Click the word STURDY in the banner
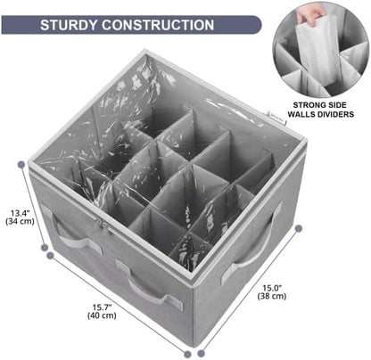tap(70, 25)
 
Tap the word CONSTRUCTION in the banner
tap(158, 25)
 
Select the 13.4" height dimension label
tap(21, 213)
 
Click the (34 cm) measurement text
tap(20, 221)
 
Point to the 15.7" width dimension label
tap(102, 307)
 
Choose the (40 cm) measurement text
tap(102, 315)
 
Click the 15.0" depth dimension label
tap(272, 288)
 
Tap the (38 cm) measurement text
tap(272, 296)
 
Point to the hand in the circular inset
tap(307, 17)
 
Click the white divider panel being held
tap(319, 51)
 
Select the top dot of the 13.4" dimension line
tap(21, 164)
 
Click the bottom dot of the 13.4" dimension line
tap(45, 247)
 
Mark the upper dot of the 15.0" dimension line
tap(299, 228)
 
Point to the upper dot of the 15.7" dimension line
tap(50, 255)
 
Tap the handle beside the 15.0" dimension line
tap(252, 247)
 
